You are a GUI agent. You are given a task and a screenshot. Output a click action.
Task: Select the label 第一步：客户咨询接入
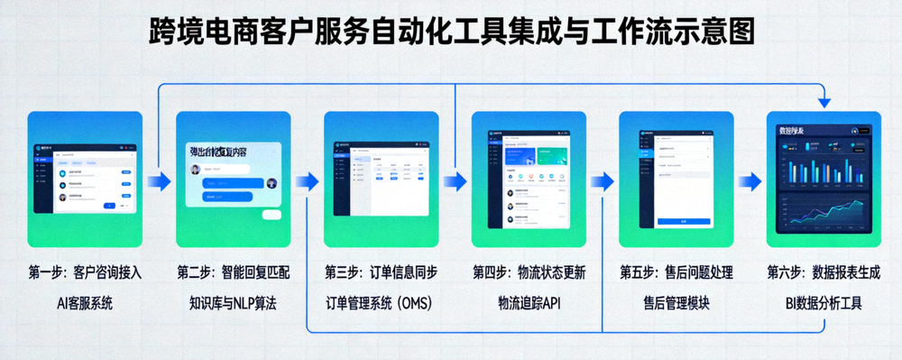click(x=85, y=272)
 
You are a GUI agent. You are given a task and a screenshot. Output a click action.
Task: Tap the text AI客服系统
click(x=85, y=303)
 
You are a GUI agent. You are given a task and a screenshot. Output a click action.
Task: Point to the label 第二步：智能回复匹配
click(x=233, y=272)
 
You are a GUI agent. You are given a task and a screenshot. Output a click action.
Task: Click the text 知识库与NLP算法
click(x=233, y=303)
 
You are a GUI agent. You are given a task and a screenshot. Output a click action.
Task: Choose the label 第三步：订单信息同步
click(x=381, y=272)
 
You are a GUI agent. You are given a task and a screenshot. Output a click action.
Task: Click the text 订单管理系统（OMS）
click(x=381, y=303)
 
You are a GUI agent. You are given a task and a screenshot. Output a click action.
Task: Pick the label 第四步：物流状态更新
click(x=529, y=272)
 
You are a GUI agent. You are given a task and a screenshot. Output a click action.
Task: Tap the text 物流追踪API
click(x=529, y=303)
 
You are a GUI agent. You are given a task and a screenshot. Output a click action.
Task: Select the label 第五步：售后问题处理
click(x=676, y=272)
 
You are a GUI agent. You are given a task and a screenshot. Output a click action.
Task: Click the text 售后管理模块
click(x=676, y=303)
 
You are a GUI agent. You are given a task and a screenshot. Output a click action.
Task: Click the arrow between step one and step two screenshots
click(x=159, y=181)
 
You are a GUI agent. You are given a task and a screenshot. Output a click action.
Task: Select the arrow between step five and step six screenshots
click(x=750, y=181)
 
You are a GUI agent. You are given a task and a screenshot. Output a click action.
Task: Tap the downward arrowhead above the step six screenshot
click(x=823, y=101)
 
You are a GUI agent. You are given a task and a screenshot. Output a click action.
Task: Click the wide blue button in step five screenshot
click(x=683, y=220)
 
